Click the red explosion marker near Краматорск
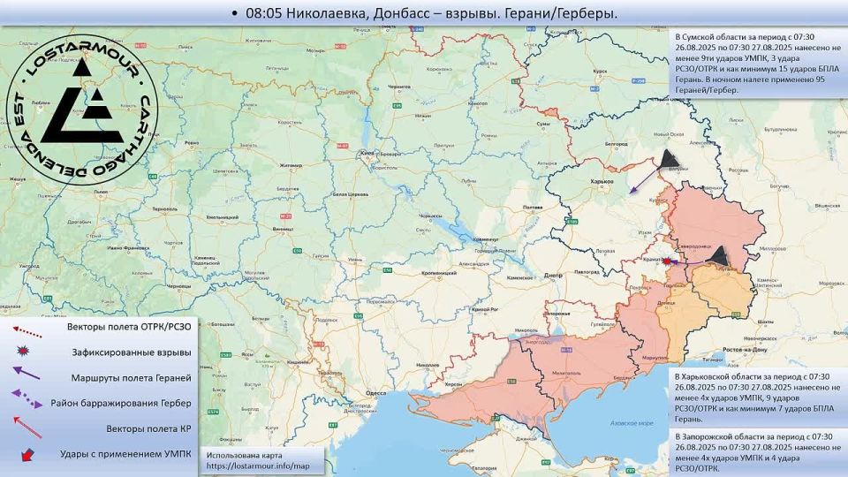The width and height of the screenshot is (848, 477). click(668, 261)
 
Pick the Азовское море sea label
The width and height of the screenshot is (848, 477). click(633, 423)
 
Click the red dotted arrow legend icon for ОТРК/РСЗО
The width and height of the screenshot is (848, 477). click(27, 328)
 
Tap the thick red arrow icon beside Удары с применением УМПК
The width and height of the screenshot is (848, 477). click(27, 454)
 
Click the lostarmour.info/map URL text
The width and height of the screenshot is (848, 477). click(259, 466)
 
